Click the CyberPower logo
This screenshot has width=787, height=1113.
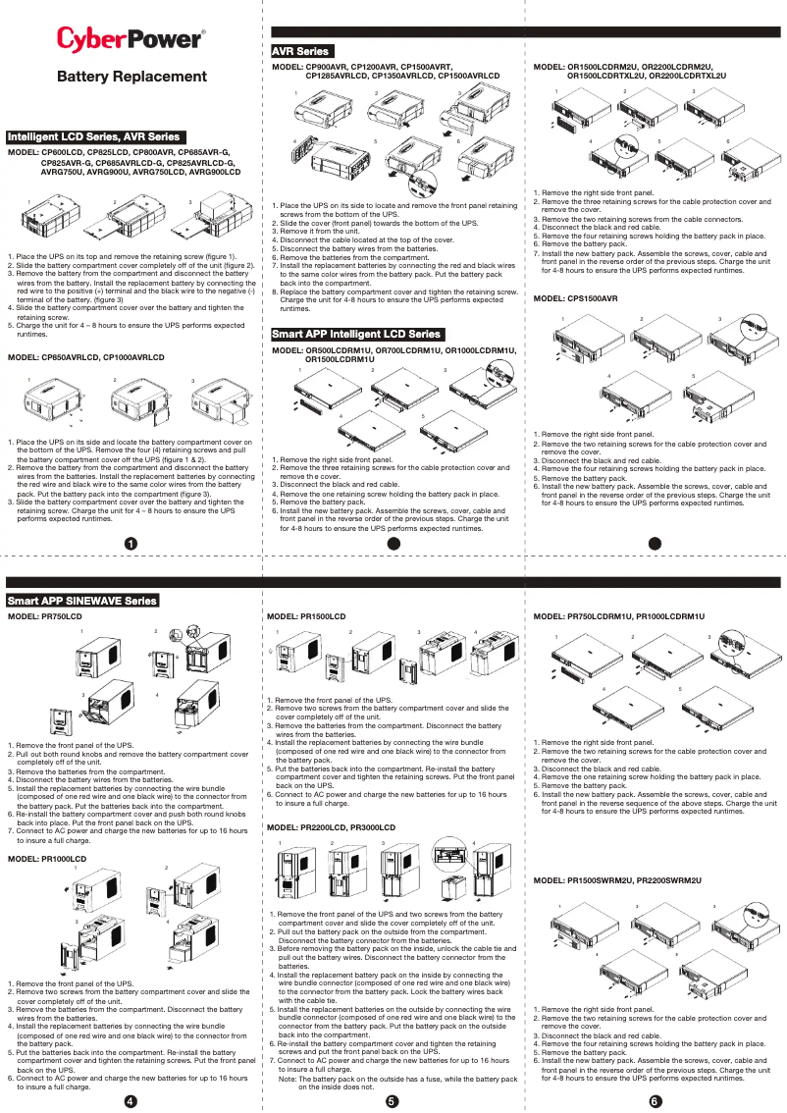click(x=131, y=39)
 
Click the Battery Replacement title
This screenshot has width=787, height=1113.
click(x=131, y=77)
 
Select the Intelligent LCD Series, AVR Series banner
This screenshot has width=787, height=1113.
click(x=94, y=136)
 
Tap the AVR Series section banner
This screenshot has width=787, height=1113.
click(x=301, y=51)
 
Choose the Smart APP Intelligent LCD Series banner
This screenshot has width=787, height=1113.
click(x=357, y=335)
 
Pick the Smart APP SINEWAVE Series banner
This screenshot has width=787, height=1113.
click(x=82, y=600)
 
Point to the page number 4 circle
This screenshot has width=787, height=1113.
click(x=130, y=1099)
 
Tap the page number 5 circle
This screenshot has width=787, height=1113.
click(x=392, y=1099)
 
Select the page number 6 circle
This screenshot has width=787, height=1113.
click(x=655, y=1099)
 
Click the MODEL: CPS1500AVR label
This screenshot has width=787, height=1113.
click(x=575, y=297)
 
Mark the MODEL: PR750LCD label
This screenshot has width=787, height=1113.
click(x=45, y=615)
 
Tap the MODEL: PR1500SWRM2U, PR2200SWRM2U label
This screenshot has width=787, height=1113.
click(x=617, y=881)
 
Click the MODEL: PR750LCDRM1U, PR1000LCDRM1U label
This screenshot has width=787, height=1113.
click(x=618, y=615)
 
